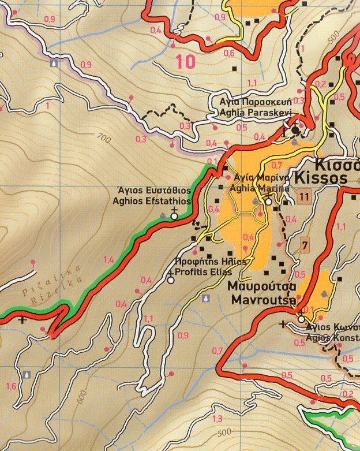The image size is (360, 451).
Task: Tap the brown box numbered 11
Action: pyautogui.click(x=305, y=196)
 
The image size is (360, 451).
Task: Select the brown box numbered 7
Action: pyautogui.click(x=305, y=245)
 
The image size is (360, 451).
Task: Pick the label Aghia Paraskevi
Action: pyautogui.click(x=252, y=114)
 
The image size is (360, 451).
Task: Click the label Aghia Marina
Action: pyautogui.click(x=251, y=189)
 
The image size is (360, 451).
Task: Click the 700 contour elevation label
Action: pyautogui.click(x=104, y=138)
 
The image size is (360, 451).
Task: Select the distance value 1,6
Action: pyautogui.click(x=10, y=386)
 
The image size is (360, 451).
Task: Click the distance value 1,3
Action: pyautogui.click(x=217, y=419)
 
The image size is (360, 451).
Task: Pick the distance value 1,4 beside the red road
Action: pyautogui.click(x=108, y=260)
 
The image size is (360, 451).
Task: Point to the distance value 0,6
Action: pyautogui.click(x=229, y=54)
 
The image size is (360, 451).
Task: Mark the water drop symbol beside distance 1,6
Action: pyautogui.click(x=27, y=374)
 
